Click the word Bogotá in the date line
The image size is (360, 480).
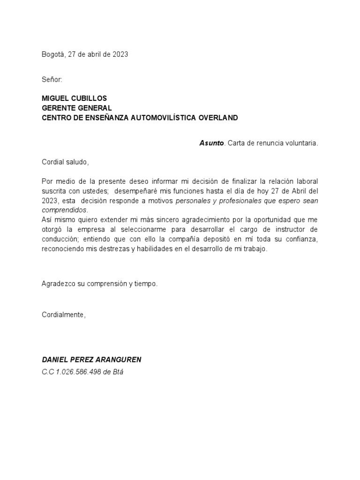coord(53,54)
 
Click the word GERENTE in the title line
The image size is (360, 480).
coord(57,108)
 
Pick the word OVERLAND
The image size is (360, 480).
coord(219,118)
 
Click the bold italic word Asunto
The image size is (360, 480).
coord(211,143)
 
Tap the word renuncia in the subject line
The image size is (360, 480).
coord(269,143)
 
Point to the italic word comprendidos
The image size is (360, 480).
coord(64,210)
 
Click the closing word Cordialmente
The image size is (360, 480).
coord(63,315)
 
